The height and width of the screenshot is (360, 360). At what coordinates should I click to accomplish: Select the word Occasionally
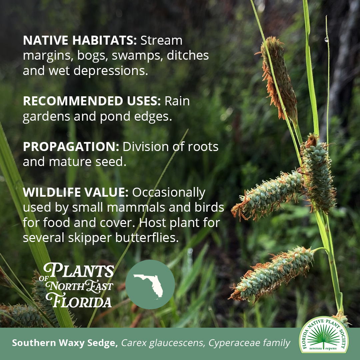[x=169, y=192]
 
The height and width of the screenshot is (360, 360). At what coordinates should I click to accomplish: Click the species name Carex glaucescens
[x=162, y=343]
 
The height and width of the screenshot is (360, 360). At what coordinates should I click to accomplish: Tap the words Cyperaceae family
[x=249, y=343]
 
